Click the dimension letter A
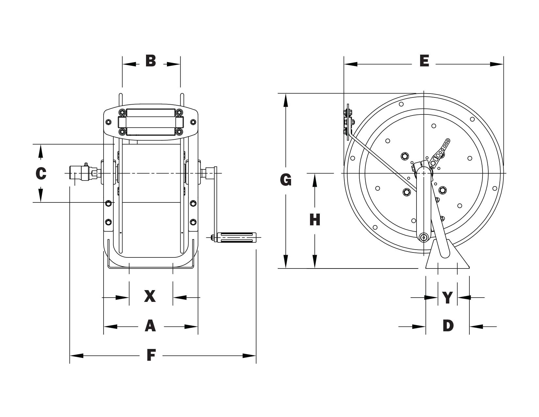point(150,326)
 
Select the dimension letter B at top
point(151,61)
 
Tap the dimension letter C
point(41,173)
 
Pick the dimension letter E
point(424,61)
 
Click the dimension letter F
point(151,355)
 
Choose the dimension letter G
point(286,180)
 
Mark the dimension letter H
point(315,220)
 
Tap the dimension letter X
point(150,296)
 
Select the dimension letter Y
point(448,298)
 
